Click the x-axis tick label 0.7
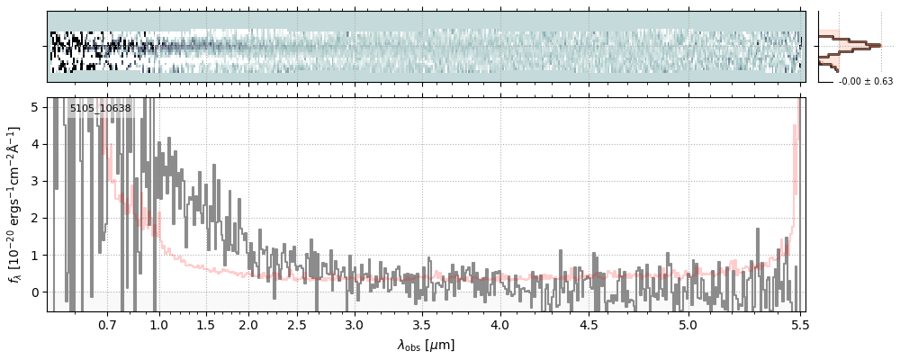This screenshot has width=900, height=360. pyautogui.click(x=107, y=325)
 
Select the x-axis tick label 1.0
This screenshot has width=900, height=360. pyautogui.click(x=159, y=325)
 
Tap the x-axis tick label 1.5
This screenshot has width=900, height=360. pyautogui.click(x=205, y=325)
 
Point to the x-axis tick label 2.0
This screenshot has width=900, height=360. pyautogui.click(x=248, y=325)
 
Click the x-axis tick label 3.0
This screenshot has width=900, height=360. pyautogui.click(x=355, y=325)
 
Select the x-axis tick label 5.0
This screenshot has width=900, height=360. pyautogui.click(x=688, y=325)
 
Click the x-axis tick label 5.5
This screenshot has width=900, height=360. pyautogui.click(x=797, y=325)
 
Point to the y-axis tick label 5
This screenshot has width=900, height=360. pyautogui.click(x=35, y=107)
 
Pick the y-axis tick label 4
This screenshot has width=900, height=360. pyautogui.click(x=35, y=144)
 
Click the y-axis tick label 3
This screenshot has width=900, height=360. pyautogui.click(x=35, y=181)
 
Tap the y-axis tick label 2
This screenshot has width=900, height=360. pyautogui.click(x=35, y=218)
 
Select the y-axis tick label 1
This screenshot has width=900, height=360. pyautogui.click(x=35, y=255)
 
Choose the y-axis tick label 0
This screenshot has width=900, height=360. pyautogui.click(x=35, y=292)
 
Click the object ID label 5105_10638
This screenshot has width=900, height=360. pyautogui.click(x=100, y=109)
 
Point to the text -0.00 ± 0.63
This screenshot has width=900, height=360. pyautogui.click(x=865, y=82)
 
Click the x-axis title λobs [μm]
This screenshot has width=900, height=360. pyautogui.click(x=426, y=345)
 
